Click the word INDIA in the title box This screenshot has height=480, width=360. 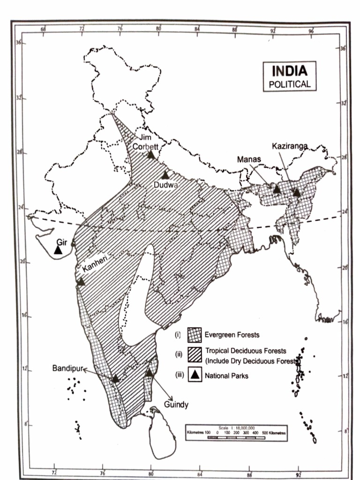click(x=290, y=72)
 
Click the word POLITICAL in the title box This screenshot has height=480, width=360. click(x=290, y=84)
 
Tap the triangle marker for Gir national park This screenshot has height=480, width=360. click(x=58, y=250)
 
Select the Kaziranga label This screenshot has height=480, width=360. click(x=290, y=146)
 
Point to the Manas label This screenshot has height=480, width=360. click(x=248, y=159)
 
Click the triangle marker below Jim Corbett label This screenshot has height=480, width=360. click(x=151, y=154)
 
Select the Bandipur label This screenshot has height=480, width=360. click(x=67, y=369)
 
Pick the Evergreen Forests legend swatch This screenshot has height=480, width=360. click(x=195, y=335)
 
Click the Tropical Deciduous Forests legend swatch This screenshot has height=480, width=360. click(x=195, y=354)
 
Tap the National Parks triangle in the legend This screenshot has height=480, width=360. click(x=195, y=375)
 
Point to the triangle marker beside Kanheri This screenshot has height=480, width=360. click(x=81, y=282)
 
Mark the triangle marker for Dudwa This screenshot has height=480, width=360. click(x=165, y=175)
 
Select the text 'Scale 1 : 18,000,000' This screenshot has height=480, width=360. click(x=236, y=427)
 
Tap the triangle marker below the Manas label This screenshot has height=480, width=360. click(x=277, y=189)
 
